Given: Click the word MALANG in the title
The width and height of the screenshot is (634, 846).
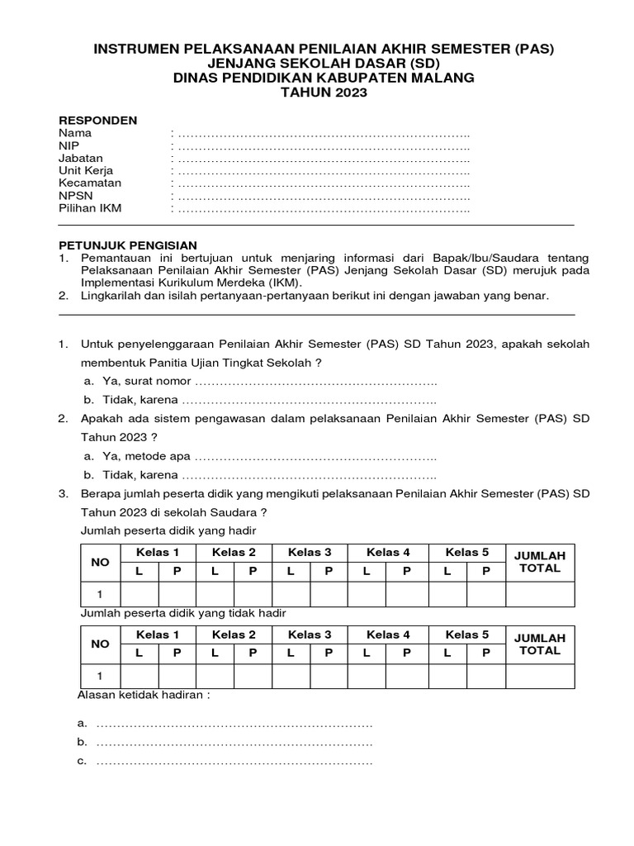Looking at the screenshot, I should pos(440,78).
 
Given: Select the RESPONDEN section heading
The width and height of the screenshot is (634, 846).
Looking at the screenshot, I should pos(97,120).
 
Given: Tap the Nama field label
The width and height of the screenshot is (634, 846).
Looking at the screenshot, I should pos(75,132).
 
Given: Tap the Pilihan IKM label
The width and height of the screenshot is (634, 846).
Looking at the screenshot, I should pos(90,208).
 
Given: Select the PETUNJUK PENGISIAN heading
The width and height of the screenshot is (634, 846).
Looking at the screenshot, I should pos(128,245).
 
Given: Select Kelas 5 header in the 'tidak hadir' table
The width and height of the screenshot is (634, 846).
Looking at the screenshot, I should pos(467,634).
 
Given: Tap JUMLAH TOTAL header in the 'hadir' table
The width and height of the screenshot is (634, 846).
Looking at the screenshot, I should pos(539,562).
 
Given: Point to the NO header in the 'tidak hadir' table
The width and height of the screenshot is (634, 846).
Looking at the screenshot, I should pos(100,644).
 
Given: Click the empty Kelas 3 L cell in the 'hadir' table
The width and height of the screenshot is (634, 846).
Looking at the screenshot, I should pos(291,594).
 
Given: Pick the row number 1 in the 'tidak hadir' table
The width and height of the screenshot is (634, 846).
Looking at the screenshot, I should pos(100,677).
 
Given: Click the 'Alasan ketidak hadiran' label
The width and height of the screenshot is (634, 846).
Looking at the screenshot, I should pos(144,696).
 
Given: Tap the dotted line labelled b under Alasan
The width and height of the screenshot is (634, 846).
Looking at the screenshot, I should pos(234,743).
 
